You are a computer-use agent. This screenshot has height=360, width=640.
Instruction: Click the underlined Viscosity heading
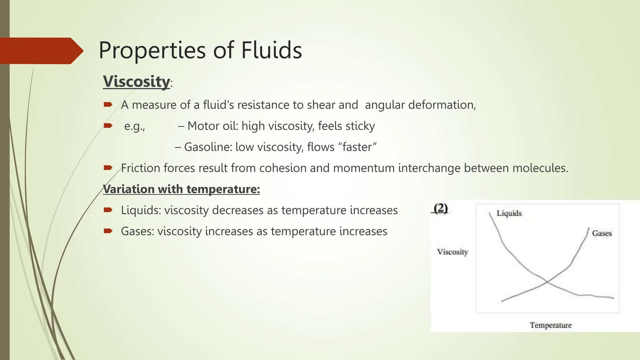pyautogui.click(x=137, y=82)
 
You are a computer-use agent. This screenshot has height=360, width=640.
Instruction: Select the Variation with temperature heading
pyautogui.click(x=181, y=189)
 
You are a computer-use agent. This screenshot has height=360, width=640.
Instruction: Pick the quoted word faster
pyautogui.click(x=357, y=147)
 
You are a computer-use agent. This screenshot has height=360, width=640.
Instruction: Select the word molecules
pyautogui.click(x=540, y=168)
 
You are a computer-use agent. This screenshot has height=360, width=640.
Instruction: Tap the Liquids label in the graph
pyautogui.click(x=509, y=213)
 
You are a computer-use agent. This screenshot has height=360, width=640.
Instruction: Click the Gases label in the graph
pyautogui.click(x=602, y=233)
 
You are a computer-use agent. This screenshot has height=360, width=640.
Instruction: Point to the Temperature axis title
pyautogui.click(x=551, y=325)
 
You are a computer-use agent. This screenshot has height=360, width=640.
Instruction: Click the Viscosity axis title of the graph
pyautogui.click(x=452, y=252)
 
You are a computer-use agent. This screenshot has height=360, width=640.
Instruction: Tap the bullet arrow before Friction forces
pyautogui.click(x=108, y=168)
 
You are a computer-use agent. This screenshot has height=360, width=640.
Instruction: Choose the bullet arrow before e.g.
pyautogui.click(x=108, y=126)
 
